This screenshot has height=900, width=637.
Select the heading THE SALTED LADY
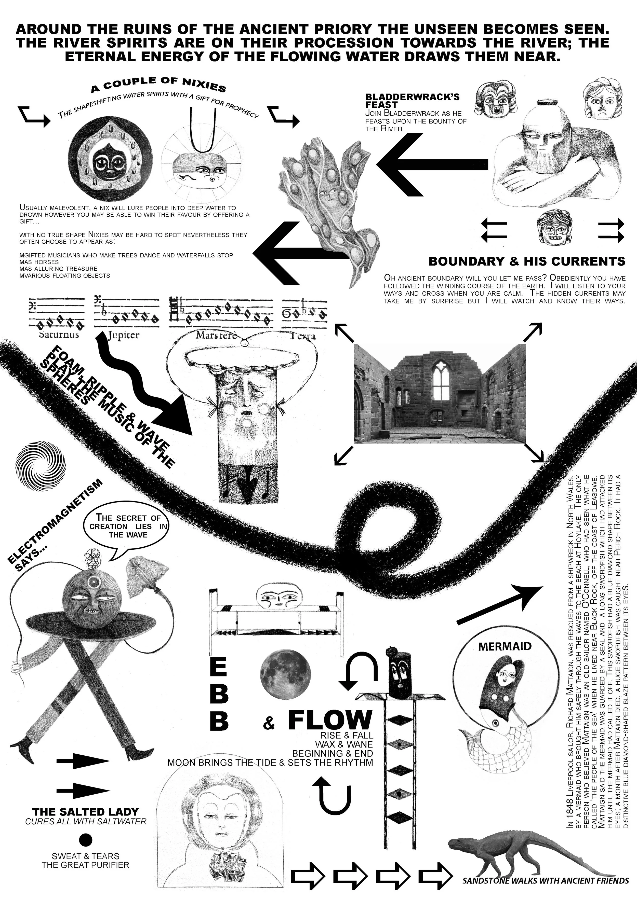tap(86, 811)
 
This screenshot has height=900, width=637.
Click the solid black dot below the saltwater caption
tap(86, 840)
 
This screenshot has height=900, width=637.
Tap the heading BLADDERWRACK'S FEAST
tap(412, 101)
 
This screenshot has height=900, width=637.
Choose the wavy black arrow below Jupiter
tap(141, 388)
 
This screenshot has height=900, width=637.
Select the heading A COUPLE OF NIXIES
tap(158, 84)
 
